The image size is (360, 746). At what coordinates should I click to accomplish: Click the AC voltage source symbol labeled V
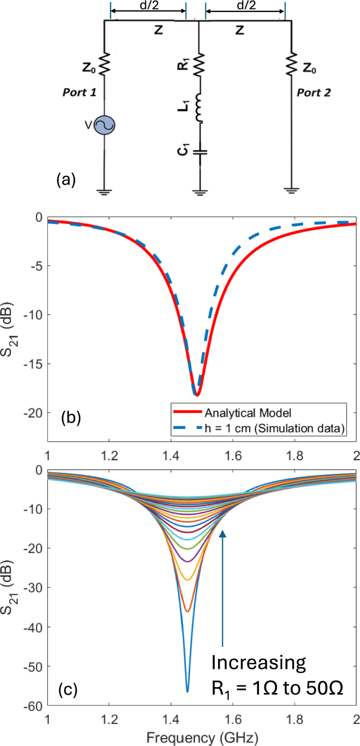105,125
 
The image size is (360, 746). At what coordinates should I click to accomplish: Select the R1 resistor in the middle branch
199,65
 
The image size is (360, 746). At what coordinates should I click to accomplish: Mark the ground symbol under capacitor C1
199,191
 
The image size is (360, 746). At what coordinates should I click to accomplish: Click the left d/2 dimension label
148,6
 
